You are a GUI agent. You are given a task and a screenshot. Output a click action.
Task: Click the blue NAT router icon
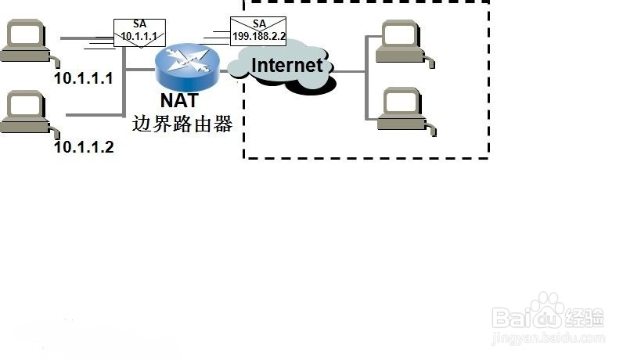coord(187,67)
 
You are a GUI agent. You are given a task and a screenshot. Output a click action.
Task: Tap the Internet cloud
coord(282,67)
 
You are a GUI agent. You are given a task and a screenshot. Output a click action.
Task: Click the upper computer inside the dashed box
coord(405,43)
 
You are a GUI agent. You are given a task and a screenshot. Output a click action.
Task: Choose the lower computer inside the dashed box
coord(406,111)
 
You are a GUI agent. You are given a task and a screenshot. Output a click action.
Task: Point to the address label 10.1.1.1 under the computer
coord(84,78)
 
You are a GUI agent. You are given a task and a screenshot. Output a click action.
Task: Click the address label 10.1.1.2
coord(84,147)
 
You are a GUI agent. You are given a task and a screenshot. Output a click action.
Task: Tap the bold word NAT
coord(179,100)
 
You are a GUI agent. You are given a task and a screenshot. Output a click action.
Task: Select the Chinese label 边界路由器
coord(182,124)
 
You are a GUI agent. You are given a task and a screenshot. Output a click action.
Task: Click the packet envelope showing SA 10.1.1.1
coord(139,33)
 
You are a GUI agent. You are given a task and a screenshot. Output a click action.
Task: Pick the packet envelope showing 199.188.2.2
coord(258,31)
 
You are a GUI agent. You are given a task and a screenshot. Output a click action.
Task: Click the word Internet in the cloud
coord(287,66)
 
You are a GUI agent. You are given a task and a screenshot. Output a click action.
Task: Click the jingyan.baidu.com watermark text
coord(549,338)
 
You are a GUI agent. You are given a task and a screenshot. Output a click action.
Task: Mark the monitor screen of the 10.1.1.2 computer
coord(25,105)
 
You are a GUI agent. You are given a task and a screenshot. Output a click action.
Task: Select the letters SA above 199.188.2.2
coord(259,23)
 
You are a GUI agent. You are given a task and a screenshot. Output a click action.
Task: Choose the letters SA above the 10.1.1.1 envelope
coord(139,24)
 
